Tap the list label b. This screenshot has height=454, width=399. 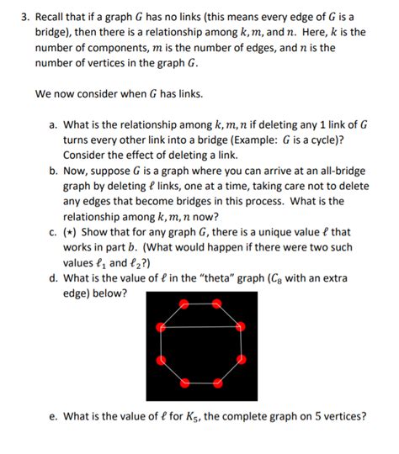tap(52, 170)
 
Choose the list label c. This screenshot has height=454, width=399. tap(52, 231)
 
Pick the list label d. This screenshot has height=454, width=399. tap(52, 277)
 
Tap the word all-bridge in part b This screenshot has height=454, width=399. tap(339, 171)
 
